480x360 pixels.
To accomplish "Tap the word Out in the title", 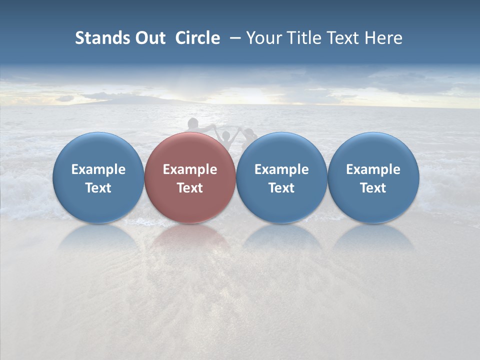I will (149, 38).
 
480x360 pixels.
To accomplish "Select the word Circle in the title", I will (197, 38).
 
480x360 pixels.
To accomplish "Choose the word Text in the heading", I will (344, 38).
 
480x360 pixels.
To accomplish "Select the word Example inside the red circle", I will (190, 169).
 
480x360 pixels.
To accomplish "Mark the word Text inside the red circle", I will (190, 188).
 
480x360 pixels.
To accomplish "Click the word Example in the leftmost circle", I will (98, 169).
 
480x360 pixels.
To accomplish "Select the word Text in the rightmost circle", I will (373, 188).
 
